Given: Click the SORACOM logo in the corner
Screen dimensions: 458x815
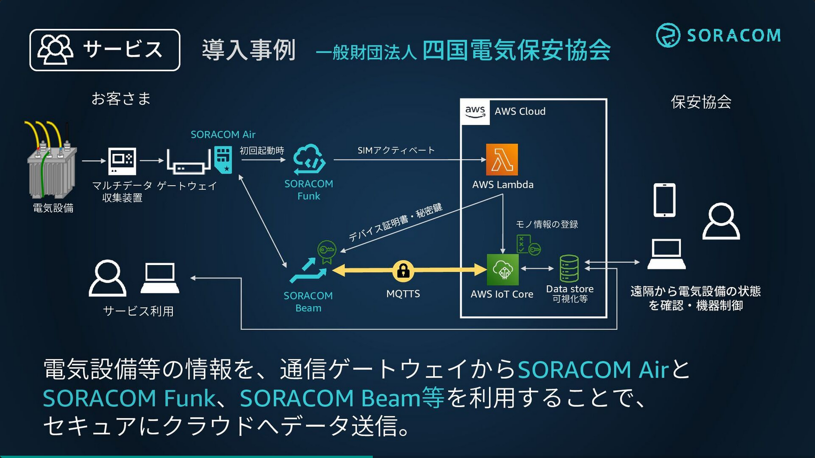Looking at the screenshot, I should (x=718, y=35).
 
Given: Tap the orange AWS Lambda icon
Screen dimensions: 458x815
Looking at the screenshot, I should (x=502, y=160).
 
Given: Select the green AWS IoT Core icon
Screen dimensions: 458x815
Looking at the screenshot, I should (x=502, y=270).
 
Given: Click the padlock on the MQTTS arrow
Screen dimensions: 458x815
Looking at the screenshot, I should (x=403, y=271).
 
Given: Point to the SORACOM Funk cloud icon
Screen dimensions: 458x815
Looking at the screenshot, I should (x=309, y=159).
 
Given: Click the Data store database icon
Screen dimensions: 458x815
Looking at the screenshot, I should (x=569, y=269).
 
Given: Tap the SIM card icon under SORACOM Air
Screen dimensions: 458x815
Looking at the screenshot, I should (x=223, y=160).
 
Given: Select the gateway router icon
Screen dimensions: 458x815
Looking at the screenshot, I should (x=188, y=162).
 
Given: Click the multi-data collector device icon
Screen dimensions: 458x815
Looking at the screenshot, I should (x=122, y=161).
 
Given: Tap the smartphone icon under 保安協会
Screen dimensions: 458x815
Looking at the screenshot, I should (x=664, y=200).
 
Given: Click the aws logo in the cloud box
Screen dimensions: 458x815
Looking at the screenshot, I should (x=475, y=112).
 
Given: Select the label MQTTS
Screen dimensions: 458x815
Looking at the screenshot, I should (x=403, y=294).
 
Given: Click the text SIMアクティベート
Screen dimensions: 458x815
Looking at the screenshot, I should (x=396, y=150).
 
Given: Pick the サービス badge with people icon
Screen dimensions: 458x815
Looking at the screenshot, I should (x=105, y=50).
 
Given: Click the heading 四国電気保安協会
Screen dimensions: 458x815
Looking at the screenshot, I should (x=516, y=50).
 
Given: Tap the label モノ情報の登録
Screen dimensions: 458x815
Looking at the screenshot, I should (x=547, y=224).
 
